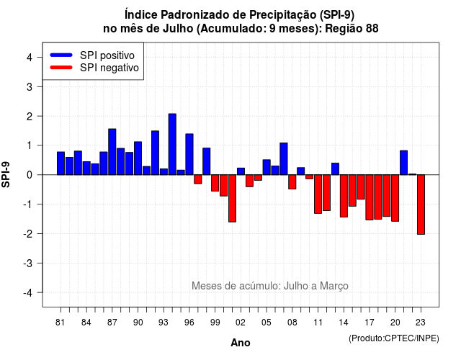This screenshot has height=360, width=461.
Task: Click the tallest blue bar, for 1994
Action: [x=172, y=144]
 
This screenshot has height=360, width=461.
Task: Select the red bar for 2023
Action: [x=421, y=204]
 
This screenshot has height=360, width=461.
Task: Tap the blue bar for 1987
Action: [x=112, y=152]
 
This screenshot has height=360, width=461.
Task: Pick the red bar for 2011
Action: [x=318, y=194]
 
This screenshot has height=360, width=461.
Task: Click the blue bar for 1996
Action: [x=189, y=154]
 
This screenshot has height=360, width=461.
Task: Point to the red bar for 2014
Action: [x=344, y=196]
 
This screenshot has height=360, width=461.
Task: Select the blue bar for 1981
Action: [x=61, y=163]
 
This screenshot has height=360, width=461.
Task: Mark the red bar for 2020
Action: [x=395, y=198]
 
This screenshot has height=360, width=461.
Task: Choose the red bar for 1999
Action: [x=215, y=183]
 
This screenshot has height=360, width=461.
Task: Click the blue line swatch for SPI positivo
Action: [x=61, y=55]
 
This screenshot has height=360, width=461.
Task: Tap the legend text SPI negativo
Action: [x=109, y=68]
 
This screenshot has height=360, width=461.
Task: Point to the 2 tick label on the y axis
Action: [x=29, y=117]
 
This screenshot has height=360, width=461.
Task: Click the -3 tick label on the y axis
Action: [x=28, y=264]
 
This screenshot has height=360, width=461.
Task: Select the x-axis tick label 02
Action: [x=241, y=323]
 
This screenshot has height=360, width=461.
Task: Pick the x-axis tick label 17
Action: [x=370, y=323]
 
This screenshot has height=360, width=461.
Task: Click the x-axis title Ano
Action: [x=241, y=343]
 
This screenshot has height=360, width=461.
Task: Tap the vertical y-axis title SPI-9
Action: [x=6, y=174]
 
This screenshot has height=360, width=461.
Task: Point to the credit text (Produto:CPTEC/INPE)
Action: [x=394, y=338]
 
